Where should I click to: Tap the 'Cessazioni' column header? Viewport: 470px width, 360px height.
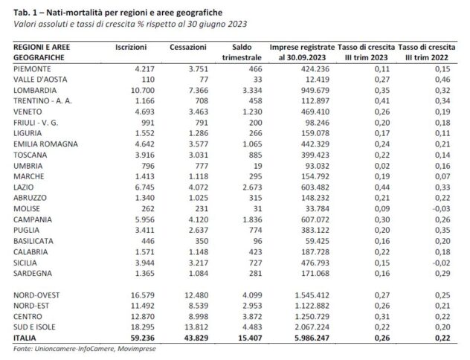point(183,46)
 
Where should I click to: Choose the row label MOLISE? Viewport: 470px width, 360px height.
point(29,210)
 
